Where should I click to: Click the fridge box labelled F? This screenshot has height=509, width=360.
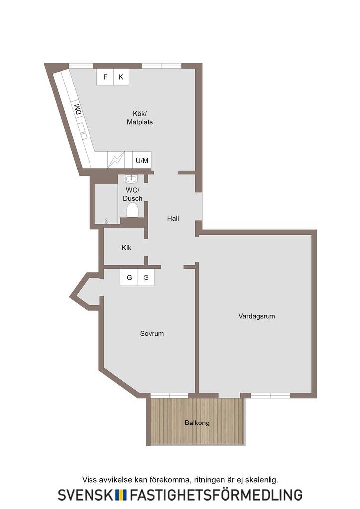click(105, 77)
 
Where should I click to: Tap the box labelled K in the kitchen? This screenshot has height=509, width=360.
click(121, 77)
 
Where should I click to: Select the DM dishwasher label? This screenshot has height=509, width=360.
click(78, 109)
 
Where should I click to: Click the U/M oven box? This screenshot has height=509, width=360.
click(142, 160)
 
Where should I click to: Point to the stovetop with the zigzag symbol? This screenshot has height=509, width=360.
click(116, 160)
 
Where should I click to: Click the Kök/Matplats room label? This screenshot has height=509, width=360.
click(140, 118)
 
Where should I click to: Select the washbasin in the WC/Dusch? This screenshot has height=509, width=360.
click(131, 179)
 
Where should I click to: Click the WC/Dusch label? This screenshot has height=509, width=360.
click(132, 194)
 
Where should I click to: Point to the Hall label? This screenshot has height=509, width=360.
click(173, 219)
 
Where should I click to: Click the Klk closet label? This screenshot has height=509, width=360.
click(127, 248)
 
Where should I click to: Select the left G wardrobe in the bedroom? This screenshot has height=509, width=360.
click(129, 277)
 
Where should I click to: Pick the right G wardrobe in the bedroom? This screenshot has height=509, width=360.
click(146, 277)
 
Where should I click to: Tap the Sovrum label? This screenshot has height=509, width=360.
click(152, 334)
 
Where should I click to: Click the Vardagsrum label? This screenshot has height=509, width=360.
click(257, 316)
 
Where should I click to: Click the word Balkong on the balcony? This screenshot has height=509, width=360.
click(197, 423)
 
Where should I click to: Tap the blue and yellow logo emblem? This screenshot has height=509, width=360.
click(121, 495)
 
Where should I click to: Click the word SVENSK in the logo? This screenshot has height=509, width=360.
click(86, 495)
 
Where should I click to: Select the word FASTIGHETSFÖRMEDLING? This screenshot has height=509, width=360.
click(216, 495)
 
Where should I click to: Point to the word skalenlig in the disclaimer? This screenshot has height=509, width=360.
click(262, 480)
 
